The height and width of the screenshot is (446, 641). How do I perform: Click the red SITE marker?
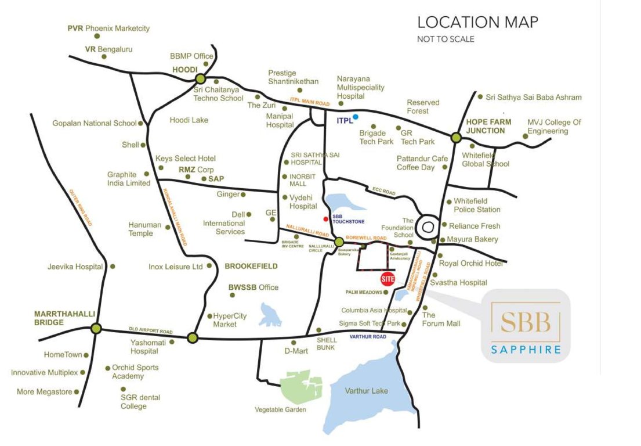point(388,279)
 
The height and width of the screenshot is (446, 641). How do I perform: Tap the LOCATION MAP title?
point(477,23)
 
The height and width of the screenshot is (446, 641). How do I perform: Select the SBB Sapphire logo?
point(526,326)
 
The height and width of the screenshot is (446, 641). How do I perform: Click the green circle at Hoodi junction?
point(201,80)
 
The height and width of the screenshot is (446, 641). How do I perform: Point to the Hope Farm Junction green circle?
point(456,138)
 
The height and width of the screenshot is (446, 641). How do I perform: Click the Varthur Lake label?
point(367,390)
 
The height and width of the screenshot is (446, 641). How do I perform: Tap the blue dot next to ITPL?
point(356,117)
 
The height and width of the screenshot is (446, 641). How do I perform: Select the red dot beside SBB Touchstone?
point(326,219)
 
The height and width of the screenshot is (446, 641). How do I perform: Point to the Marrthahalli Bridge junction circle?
point(96,329)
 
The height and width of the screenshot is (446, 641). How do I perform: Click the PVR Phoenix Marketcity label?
point(108,28)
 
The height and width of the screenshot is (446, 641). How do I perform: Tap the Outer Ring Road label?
point(81,207)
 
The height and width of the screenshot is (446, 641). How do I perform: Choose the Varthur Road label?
point(368,337)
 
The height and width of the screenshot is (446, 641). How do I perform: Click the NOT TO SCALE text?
point(446,39)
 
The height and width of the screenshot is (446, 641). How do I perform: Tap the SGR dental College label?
point(140,402)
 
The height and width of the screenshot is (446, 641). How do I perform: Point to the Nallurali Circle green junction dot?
point(339,242)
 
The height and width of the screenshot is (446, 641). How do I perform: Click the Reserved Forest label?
point(423,106)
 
